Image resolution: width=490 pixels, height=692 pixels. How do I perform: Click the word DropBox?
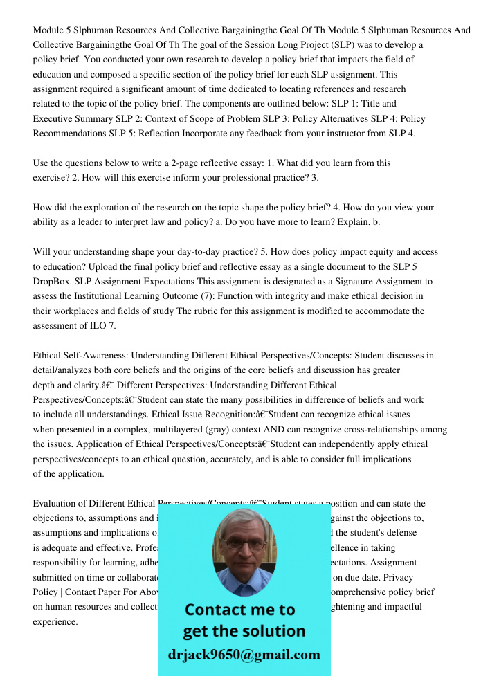click(x=52, y=282)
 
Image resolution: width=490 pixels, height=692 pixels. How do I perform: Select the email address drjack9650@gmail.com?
click(x=244, y=655)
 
